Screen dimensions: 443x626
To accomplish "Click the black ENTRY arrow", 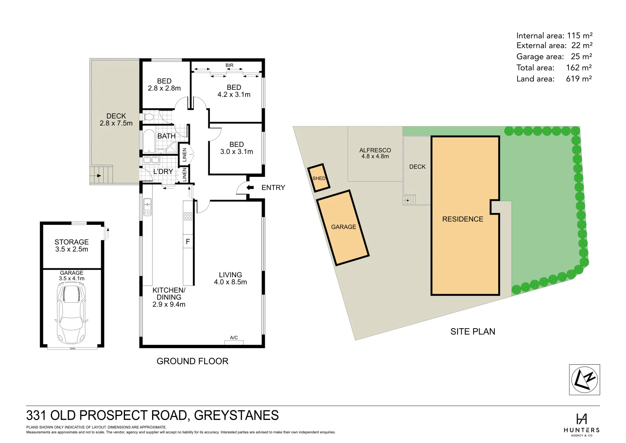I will coord(250,187).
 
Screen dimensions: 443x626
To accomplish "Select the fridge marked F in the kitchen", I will coord(188,242).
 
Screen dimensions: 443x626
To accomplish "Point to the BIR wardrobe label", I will coord(229,65).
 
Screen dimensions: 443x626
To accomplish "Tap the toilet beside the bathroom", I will coord(148,117).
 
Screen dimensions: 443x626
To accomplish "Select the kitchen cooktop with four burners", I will coord(188,216).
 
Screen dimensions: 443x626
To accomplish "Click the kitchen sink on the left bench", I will coord(147,207).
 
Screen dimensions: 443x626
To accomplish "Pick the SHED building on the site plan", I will coord(319,178).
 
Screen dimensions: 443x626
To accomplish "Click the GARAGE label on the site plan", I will coord(344,227).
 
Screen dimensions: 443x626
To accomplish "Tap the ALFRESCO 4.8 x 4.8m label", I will coord(375,153).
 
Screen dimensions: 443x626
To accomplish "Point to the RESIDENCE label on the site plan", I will coord(462,219).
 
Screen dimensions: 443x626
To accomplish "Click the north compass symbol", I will coord(584,379).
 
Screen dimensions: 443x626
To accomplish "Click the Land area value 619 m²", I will coord(578,79).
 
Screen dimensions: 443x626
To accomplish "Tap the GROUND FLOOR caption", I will coord(192,361).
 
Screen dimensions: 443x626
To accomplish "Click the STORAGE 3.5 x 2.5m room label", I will coord(72,245).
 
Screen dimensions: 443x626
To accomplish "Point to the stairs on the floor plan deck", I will coord(101,175).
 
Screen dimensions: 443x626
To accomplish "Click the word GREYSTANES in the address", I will coord(236,415).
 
